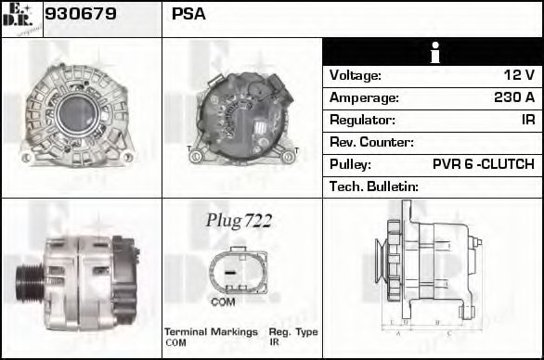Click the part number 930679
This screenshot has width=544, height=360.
pos(81,14)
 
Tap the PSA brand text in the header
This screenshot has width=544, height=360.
pos(188,14)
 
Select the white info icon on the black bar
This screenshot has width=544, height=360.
pos(434,52)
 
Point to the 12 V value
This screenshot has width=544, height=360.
pos(519,75)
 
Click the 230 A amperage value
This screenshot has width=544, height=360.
pos(514,97)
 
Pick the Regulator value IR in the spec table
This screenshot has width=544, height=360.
pos(528,120)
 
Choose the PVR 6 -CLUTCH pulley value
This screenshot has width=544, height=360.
pos(484,164)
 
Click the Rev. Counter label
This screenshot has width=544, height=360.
pos(371,142)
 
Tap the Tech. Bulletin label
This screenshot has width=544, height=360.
pos(374,186)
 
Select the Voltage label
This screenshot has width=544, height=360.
pos(355,75)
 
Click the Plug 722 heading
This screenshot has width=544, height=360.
pos(239,221)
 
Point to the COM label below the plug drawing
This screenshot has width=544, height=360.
pos(223,302)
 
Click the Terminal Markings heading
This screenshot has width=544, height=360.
pos(211,332)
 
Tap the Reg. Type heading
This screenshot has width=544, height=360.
pos(293,332)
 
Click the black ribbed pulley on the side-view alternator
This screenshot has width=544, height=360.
pos(30,283)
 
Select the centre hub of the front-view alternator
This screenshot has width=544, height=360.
pos(77,113)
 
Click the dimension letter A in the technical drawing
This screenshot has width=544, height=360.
pos(398,334)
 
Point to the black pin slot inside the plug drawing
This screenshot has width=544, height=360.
pos(230,273)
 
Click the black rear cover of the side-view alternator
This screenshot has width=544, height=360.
pos(123,279)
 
